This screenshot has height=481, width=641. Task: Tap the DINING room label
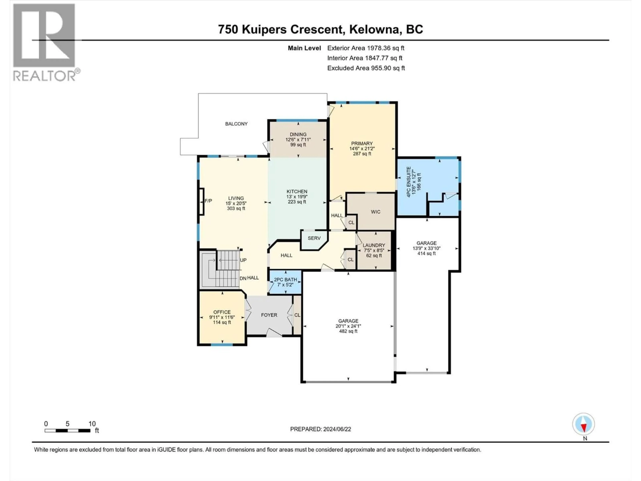[298, 134]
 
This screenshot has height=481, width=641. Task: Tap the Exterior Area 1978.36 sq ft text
[366, 48]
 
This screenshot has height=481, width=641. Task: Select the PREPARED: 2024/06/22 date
[320, 429]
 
